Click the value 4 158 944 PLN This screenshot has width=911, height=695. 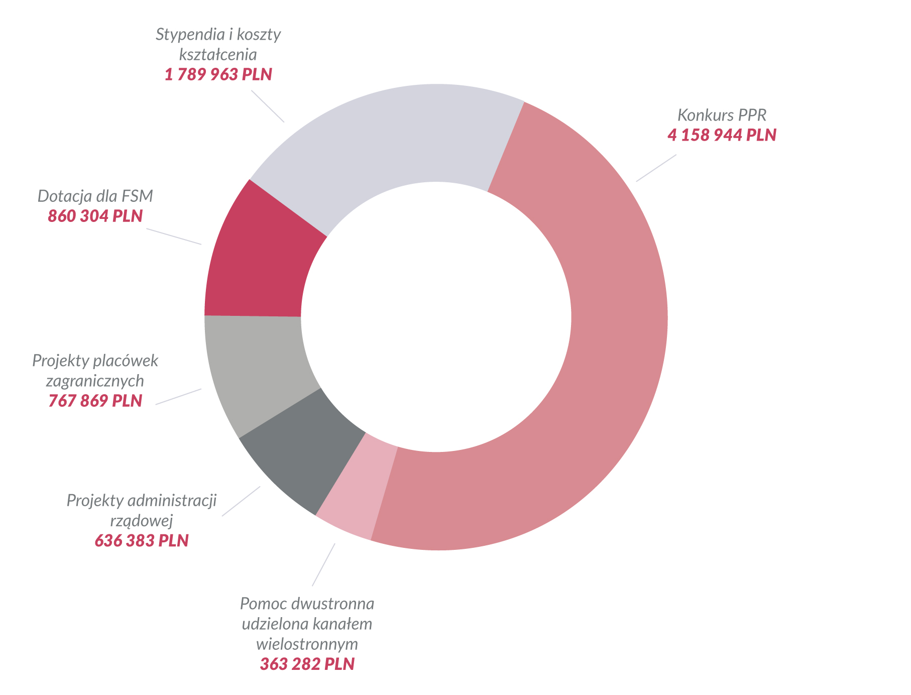click(x=722, y=135)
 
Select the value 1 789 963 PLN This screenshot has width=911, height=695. click(x=218, y=75)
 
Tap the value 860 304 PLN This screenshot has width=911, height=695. click(x=95, y=216)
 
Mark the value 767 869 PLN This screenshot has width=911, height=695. click(x=95, y=401)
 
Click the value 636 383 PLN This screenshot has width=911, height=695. click(x=142, y=541)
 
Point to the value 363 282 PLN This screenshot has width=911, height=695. click(x=307, y=664)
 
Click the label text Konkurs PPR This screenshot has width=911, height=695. click(x=722, y=115)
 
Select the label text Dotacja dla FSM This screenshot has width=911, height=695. click(x=95, y=196)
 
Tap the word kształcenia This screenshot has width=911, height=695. click(x=218, y=54)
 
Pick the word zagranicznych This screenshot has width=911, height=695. click(x=95, y=381)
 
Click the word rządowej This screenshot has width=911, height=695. click(x=142, y=521)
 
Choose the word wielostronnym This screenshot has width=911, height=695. click(x=307, y=644)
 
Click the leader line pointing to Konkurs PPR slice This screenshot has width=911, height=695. click(x=656, y=168)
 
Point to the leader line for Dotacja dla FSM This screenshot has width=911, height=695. click(x=174, y=237)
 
